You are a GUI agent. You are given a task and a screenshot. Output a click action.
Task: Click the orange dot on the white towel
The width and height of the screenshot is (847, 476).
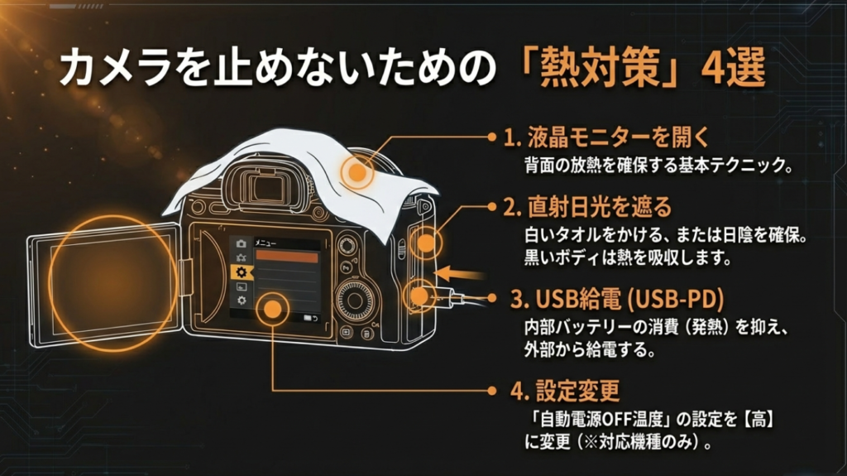[x=357, y=172]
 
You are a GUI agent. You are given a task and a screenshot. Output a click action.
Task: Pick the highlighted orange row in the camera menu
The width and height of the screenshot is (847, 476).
[x=287, y=257]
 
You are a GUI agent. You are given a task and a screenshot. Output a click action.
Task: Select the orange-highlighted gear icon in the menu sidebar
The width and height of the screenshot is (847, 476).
[x=241, y=272]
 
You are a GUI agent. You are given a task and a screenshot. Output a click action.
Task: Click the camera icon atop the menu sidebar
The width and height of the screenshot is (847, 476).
[x=241, y=243]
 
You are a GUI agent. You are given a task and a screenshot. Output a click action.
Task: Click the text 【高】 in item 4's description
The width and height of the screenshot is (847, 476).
[x=758, y=417]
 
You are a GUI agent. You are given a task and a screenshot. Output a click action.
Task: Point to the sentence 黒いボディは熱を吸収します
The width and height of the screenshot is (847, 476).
[x=629, y=257]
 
